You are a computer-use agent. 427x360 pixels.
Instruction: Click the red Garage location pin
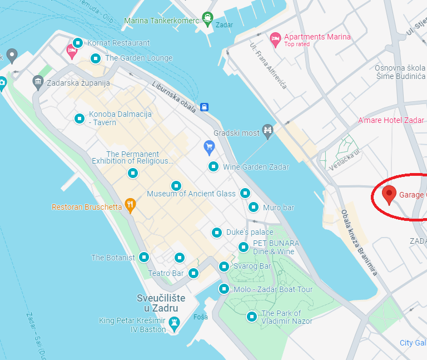point(389,194)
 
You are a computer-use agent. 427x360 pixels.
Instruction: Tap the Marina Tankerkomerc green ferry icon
point(208,18)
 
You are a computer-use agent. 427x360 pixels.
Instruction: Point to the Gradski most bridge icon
point(268,131)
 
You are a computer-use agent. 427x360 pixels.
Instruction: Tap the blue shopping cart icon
point(209,147)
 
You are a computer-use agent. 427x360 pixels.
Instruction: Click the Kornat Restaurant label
point(118,43)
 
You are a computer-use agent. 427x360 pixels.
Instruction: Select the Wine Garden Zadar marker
point(213,166)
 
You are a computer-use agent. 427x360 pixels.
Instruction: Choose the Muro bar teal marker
point(254,207)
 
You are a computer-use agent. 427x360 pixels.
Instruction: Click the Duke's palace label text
point(250,232)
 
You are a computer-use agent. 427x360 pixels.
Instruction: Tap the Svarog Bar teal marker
point(224,267)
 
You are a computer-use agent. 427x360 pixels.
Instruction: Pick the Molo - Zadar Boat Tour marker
point(224,289)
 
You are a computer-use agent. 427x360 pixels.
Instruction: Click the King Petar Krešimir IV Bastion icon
point(175,322)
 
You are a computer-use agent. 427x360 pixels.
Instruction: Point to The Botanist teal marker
point(144,257)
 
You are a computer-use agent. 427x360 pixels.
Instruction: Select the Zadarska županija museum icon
point(38,82)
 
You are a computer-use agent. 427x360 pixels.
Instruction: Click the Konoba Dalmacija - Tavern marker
point(80,118)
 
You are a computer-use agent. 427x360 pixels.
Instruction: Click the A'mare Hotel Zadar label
point(391,120)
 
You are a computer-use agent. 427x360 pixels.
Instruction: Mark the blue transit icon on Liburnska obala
point(205,106)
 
